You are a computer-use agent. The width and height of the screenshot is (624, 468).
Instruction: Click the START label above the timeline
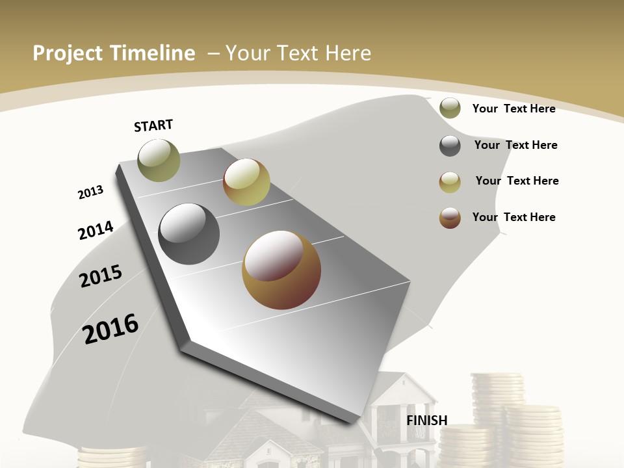coord(153,125)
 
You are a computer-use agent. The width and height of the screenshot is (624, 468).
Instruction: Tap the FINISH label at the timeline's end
coord(427,421)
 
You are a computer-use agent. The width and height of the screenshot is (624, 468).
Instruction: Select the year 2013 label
coord(90,192)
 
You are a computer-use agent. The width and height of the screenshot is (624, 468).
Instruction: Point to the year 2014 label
coord(96,230)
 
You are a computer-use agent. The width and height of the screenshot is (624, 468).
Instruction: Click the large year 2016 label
coord(111,328)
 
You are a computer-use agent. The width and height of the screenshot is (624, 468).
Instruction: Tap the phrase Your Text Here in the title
coord(298,53)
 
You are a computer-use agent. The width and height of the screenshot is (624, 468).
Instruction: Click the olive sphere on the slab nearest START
coord(159,160)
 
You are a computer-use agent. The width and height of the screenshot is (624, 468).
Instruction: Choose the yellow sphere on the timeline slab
coord(246,182)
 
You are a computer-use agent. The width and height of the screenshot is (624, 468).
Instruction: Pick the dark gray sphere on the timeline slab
coord(189,234)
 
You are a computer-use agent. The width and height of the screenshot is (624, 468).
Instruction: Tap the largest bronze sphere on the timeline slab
coord(281,270)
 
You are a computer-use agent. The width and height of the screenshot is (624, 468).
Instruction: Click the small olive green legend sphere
coord(450,108)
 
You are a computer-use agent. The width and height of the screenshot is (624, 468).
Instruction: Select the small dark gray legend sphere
coord(450,146)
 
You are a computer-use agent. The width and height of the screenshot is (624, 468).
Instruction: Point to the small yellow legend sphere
coord(450,182)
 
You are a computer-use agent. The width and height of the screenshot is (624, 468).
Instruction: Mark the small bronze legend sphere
coord(450,218)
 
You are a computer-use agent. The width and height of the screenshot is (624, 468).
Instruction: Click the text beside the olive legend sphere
coord(513,109)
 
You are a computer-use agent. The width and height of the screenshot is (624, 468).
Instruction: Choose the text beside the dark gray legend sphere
coord(515,145)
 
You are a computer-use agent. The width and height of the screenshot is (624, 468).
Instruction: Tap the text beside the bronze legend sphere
coord(513,217)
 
